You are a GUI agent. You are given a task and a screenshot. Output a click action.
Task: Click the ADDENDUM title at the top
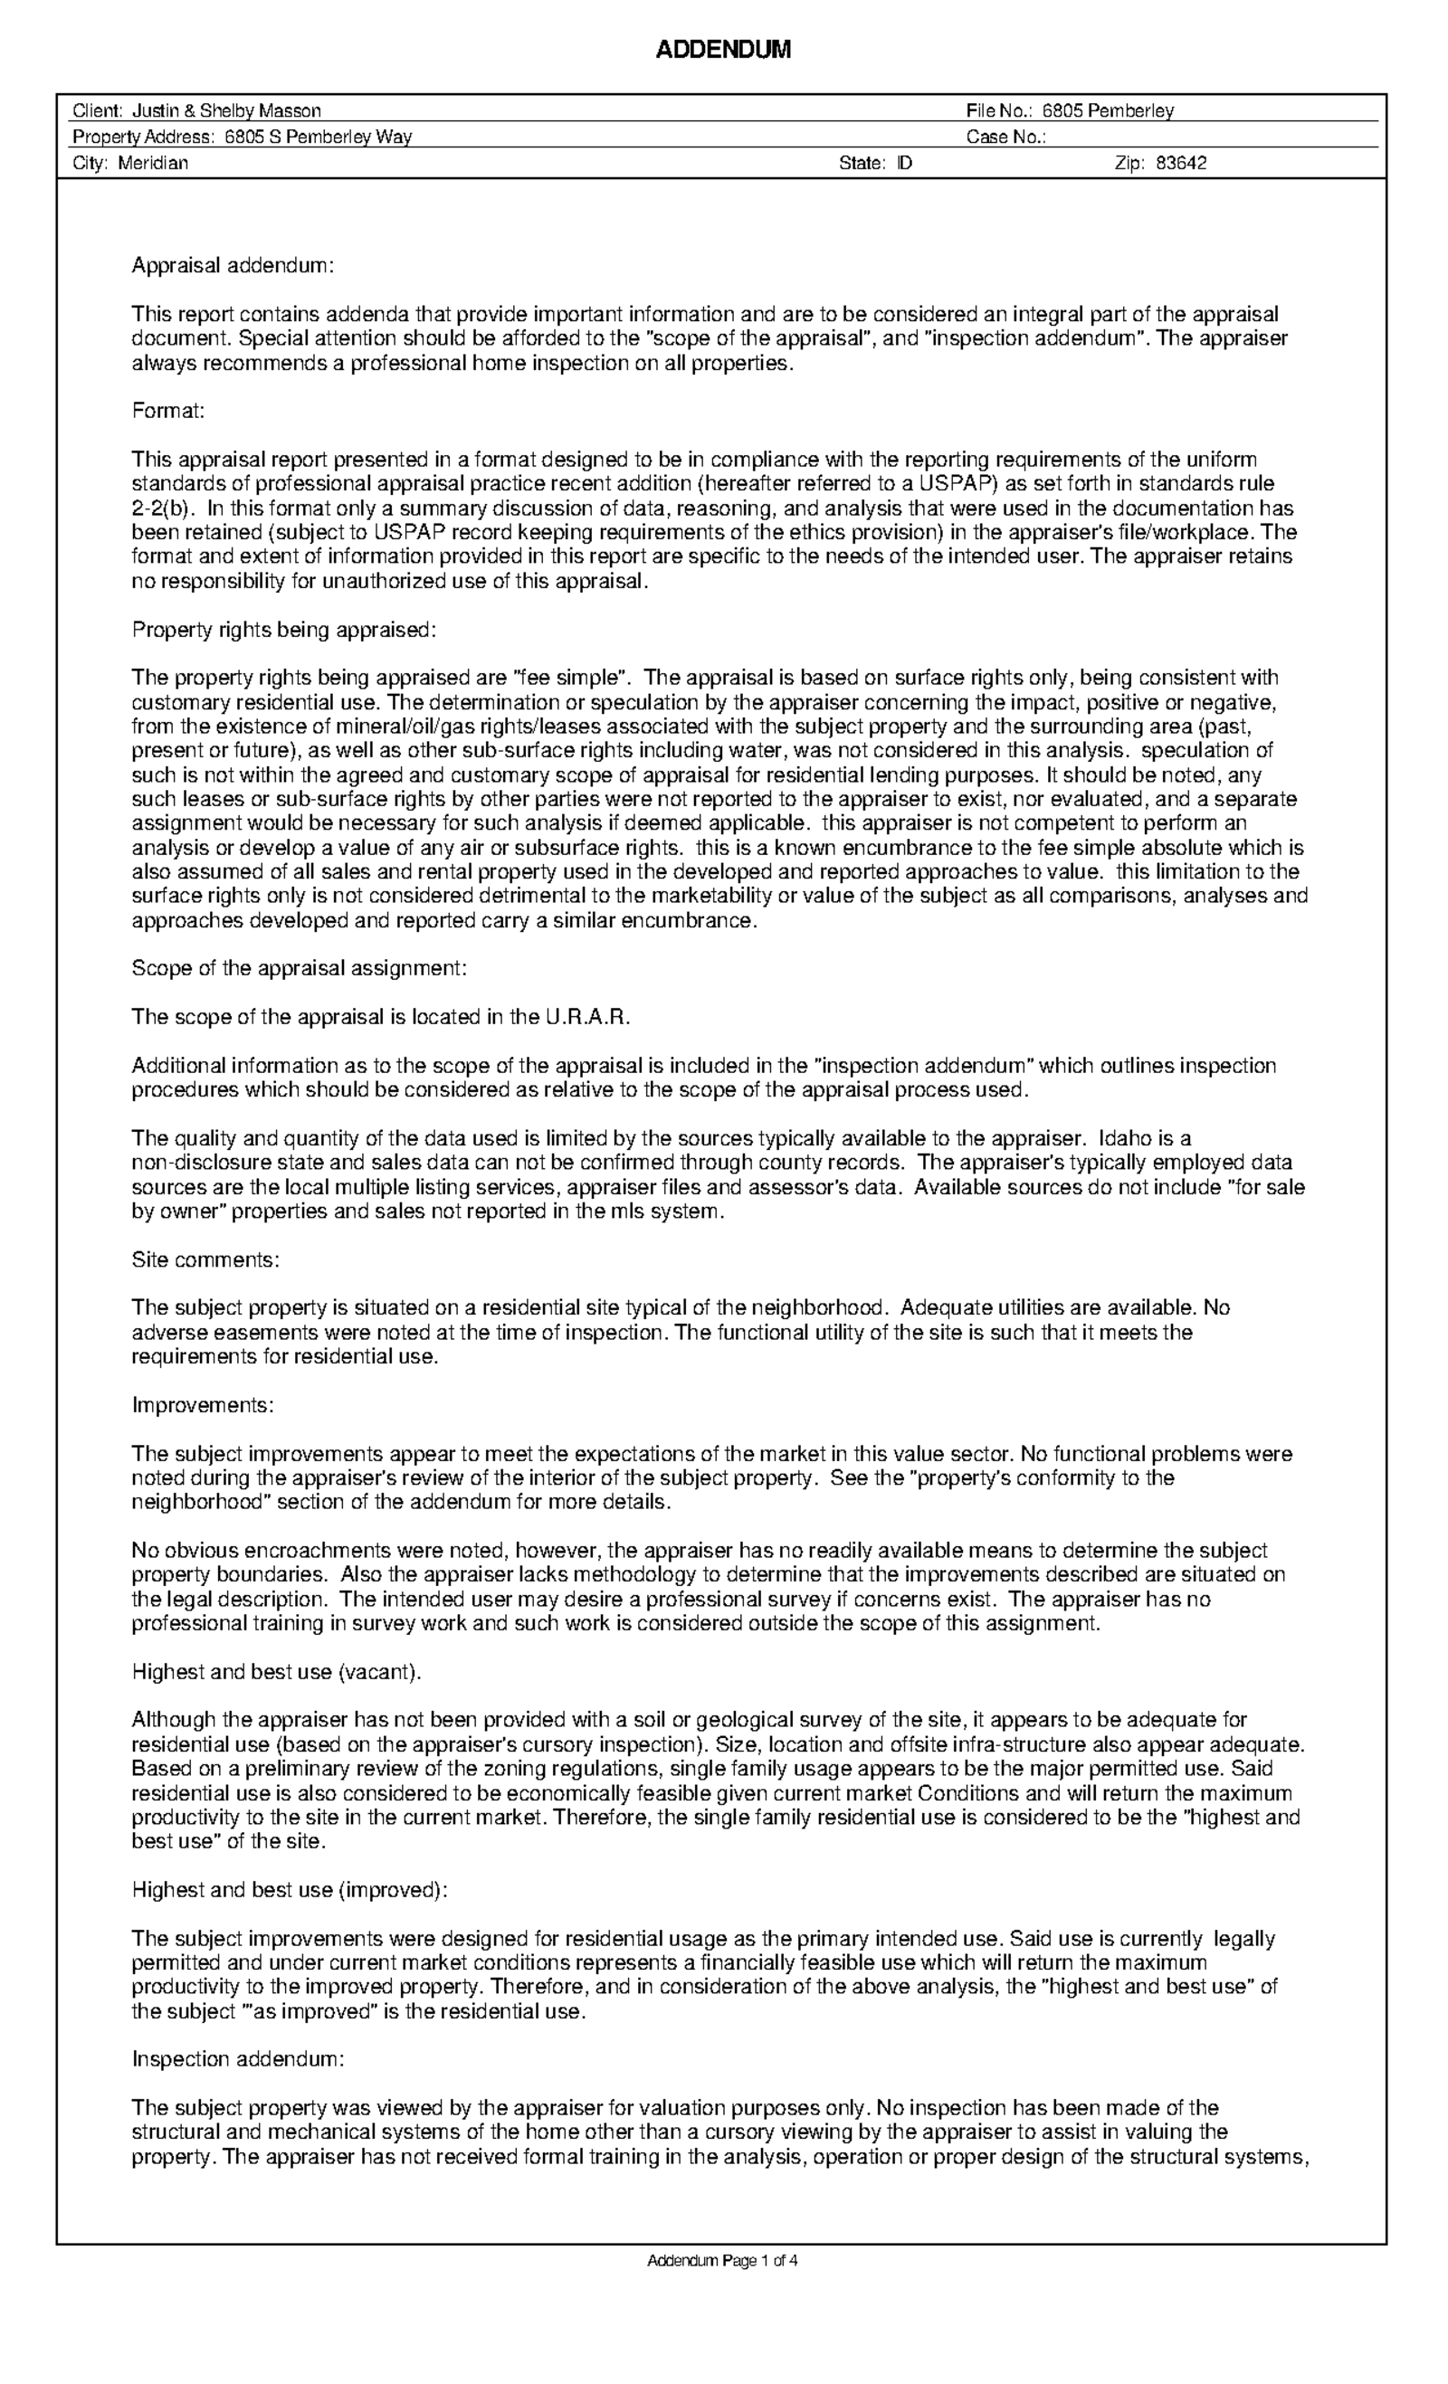723,51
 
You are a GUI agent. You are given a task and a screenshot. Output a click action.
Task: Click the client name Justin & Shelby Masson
226,111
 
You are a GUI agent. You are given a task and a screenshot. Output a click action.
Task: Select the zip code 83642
1181,164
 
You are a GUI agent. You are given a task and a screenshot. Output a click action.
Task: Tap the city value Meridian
153,164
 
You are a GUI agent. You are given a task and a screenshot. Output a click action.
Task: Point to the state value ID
904,164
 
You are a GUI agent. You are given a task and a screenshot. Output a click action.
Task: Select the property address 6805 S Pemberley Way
319,138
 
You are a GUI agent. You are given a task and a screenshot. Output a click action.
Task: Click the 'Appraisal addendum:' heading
233,266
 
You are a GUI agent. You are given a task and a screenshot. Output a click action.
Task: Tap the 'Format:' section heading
168,411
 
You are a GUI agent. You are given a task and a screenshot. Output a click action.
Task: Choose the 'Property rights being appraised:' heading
284,630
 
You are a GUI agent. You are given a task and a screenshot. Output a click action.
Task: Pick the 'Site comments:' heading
206,1259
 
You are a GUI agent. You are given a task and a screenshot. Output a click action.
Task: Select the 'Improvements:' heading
204,1405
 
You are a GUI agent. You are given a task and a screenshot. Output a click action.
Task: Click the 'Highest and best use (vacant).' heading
277,1672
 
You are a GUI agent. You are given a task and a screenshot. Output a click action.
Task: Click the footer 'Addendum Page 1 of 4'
722,2261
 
